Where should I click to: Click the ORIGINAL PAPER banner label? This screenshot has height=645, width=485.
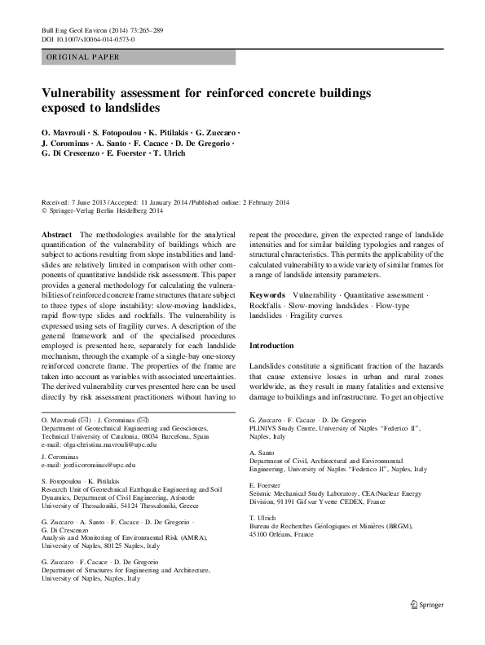pos(84,57)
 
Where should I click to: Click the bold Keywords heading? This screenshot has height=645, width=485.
pos(267,294)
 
